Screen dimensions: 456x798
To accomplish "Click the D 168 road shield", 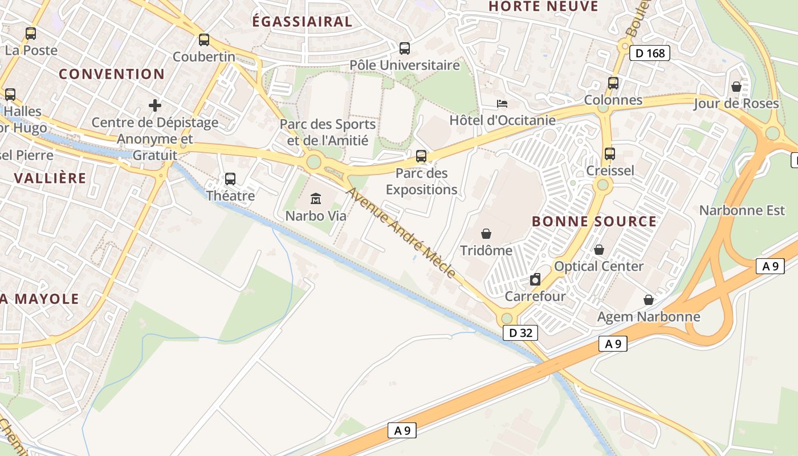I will pos(649,54).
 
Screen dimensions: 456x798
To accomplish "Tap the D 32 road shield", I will pos(520,333).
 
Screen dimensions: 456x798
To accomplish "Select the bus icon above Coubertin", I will pos(204,40).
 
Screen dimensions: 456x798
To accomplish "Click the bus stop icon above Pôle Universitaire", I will pos(405,48).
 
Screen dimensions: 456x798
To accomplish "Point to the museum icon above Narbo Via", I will pos(316,199).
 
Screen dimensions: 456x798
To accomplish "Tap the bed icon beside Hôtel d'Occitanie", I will pos(502,104).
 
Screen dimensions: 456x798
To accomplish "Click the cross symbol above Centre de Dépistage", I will pos(154,105).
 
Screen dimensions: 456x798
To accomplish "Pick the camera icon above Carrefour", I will pos(535,279).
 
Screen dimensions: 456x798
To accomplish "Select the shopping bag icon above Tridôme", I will pos(486,234).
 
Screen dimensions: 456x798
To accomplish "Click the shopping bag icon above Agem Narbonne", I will pos(649,300).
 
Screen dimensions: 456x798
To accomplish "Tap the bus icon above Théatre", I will pos(230,179).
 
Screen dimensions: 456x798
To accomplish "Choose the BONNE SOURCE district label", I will pos(594,222).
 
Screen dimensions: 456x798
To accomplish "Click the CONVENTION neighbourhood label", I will pos(112,74).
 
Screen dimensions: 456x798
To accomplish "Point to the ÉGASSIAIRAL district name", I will pos(302,22).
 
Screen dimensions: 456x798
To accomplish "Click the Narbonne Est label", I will pos(742,210).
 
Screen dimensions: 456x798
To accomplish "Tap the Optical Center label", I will pos(598,266).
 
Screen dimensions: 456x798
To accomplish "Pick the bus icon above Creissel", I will pos(610,154).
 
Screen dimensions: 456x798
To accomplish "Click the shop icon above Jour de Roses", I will pos(736,87).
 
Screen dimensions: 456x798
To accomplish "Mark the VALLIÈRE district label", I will pos(50,178).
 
